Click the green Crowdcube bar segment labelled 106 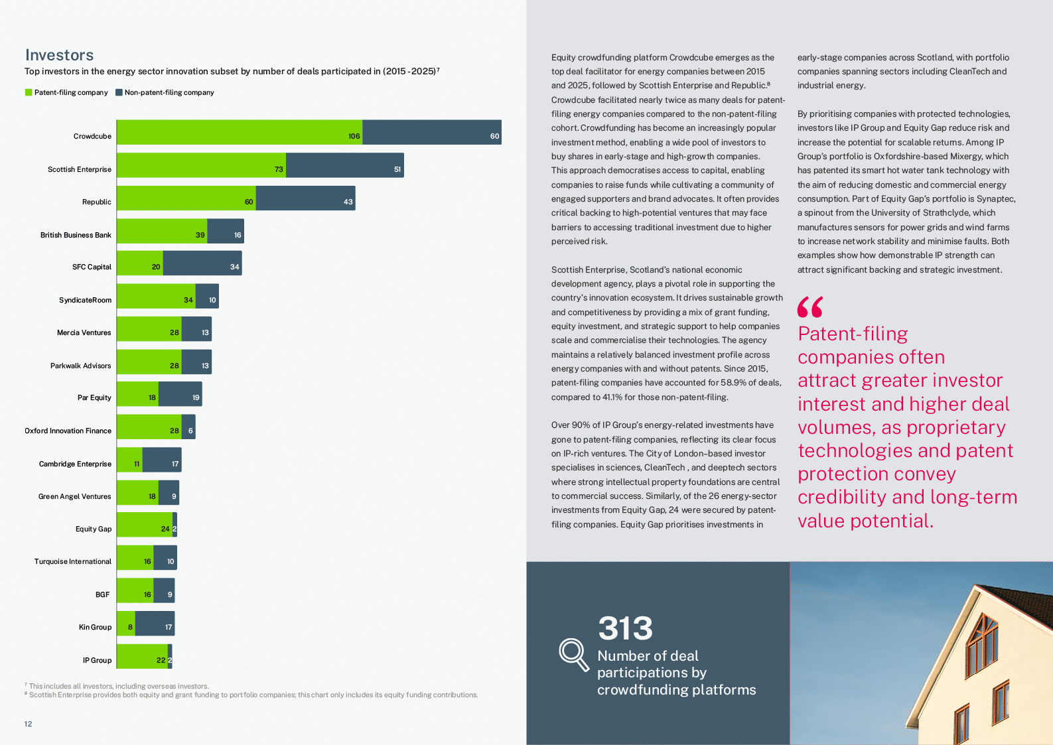[239, 132]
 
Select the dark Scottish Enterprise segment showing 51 [344, 165]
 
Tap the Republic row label [96, 202]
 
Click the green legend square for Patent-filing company [29, 92]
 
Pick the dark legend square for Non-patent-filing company [119, 92]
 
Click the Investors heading [59, 55]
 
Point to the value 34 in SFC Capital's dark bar [234, 267]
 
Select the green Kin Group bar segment [125, 624]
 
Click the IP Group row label [97, 660]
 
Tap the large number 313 [625, 628]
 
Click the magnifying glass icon [573, 654]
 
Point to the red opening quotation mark [810, 307]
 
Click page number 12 [28, 724]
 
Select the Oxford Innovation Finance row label [68, 431]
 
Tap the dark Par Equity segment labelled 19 [180, 394]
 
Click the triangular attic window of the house [983, 637]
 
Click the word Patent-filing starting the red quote [853, 334]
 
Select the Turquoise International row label [72, 561]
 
